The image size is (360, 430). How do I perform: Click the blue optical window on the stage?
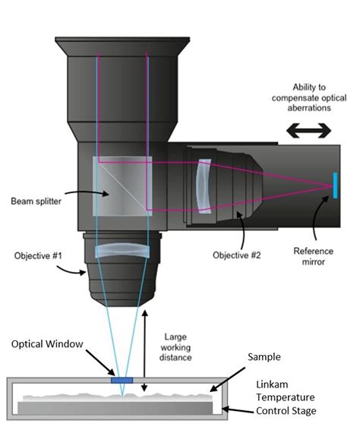(x=122, y=378)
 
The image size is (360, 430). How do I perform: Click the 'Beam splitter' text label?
(x=36, y=201)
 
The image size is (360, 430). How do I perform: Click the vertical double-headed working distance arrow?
(x=146, y=350)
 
